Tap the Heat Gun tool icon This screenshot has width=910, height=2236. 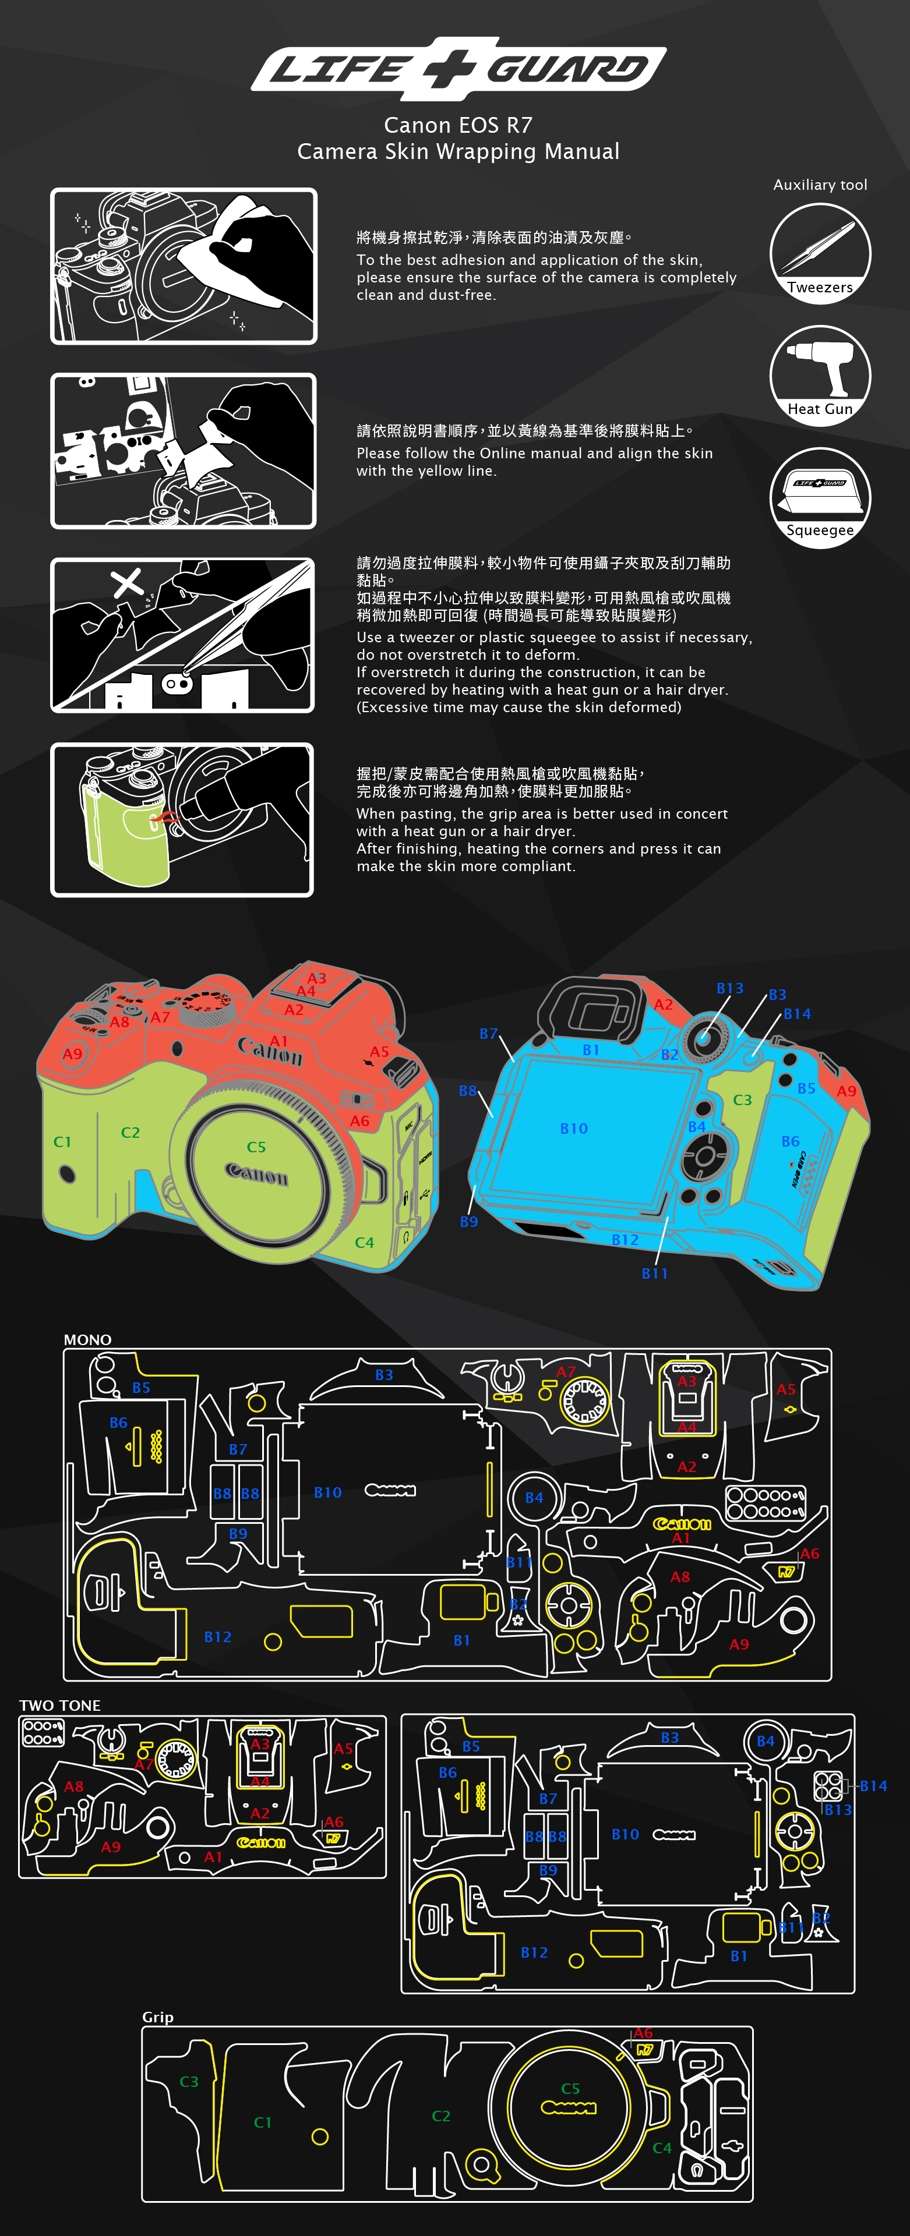point(820,374)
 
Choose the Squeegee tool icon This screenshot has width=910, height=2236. point(820,497)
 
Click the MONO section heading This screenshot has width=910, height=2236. point(88,1339)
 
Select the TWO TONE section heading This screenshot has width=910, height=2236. point(60,1705)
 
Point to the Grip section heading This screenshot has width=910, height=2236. point(157,2016)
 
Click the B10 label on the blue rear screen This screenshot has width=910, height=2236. point(574,1128)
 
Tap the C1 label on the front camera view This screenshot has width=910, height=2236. point(62,1141)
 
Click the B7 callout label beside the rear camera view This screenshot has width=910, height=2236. point(488,1034)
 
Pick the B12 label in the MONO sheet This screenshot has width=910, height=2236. point(218,1636)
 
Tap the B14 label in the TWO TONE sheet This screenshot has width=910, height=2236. point(873,1785)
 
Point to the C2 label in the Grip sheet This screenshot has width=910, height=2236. point(441,2115)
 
